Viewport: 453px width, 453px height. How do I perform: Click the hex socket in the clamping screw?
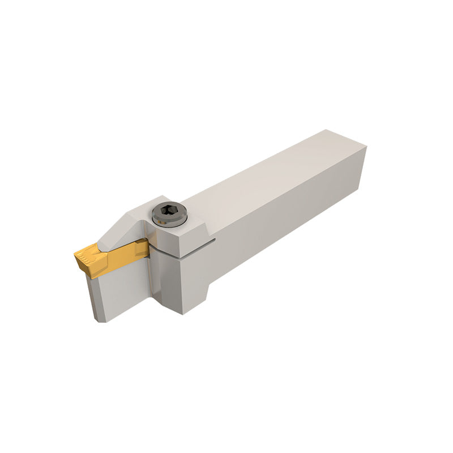(x=165, y=213)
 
